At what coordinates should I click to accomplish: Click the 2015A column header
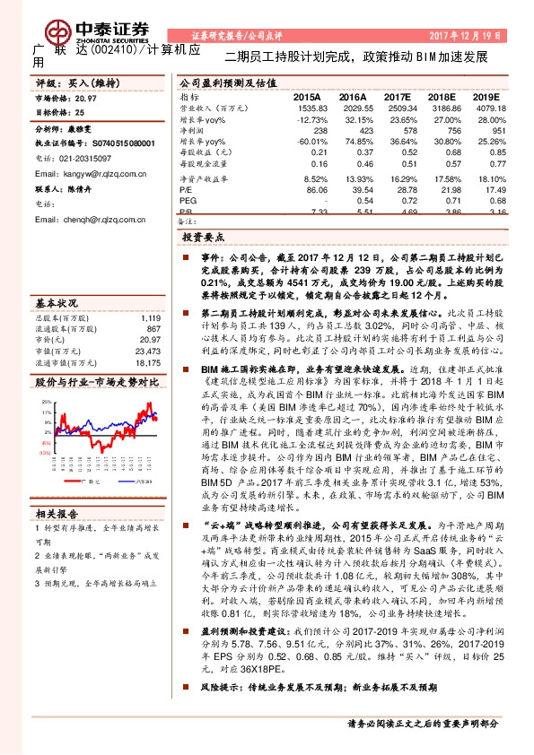[x=306, y=96]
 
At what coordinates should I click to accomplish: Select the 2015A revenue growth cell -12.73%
[x=308, y=117]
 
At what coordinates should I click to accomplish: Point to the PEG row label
[x=188, y=202]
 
